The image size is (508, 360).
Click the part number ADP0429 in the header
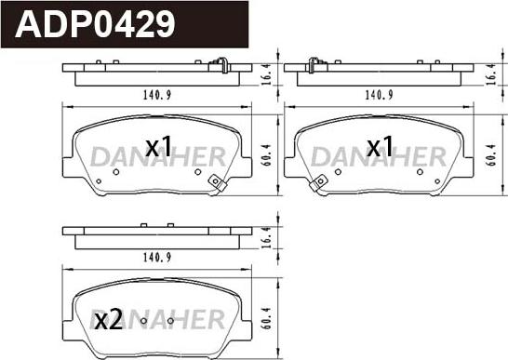[x=95, y=24]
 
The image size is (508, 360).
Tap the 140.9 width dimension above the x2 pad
[x=157, y=258]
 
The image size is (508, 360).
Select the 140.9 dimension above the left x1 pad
[x=157, y=95]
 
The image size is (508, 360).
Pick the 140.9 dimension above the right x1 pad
[x=379, y=95]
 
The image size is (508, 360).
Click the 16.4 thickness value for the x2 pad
[x=266, y=237]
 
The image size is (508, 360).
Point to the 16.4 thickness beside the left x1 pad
[x=266, y=74]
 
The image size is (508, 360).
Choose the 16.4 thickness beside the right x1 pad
[x=491, y=74]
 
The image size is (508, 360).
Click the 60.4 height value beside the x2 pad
[x=266, y=318]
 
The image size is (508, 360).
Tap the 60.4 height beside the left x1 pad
[x=266, y=155]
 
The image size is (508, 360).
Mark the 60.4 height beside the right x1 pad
[x=491, y=155]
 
